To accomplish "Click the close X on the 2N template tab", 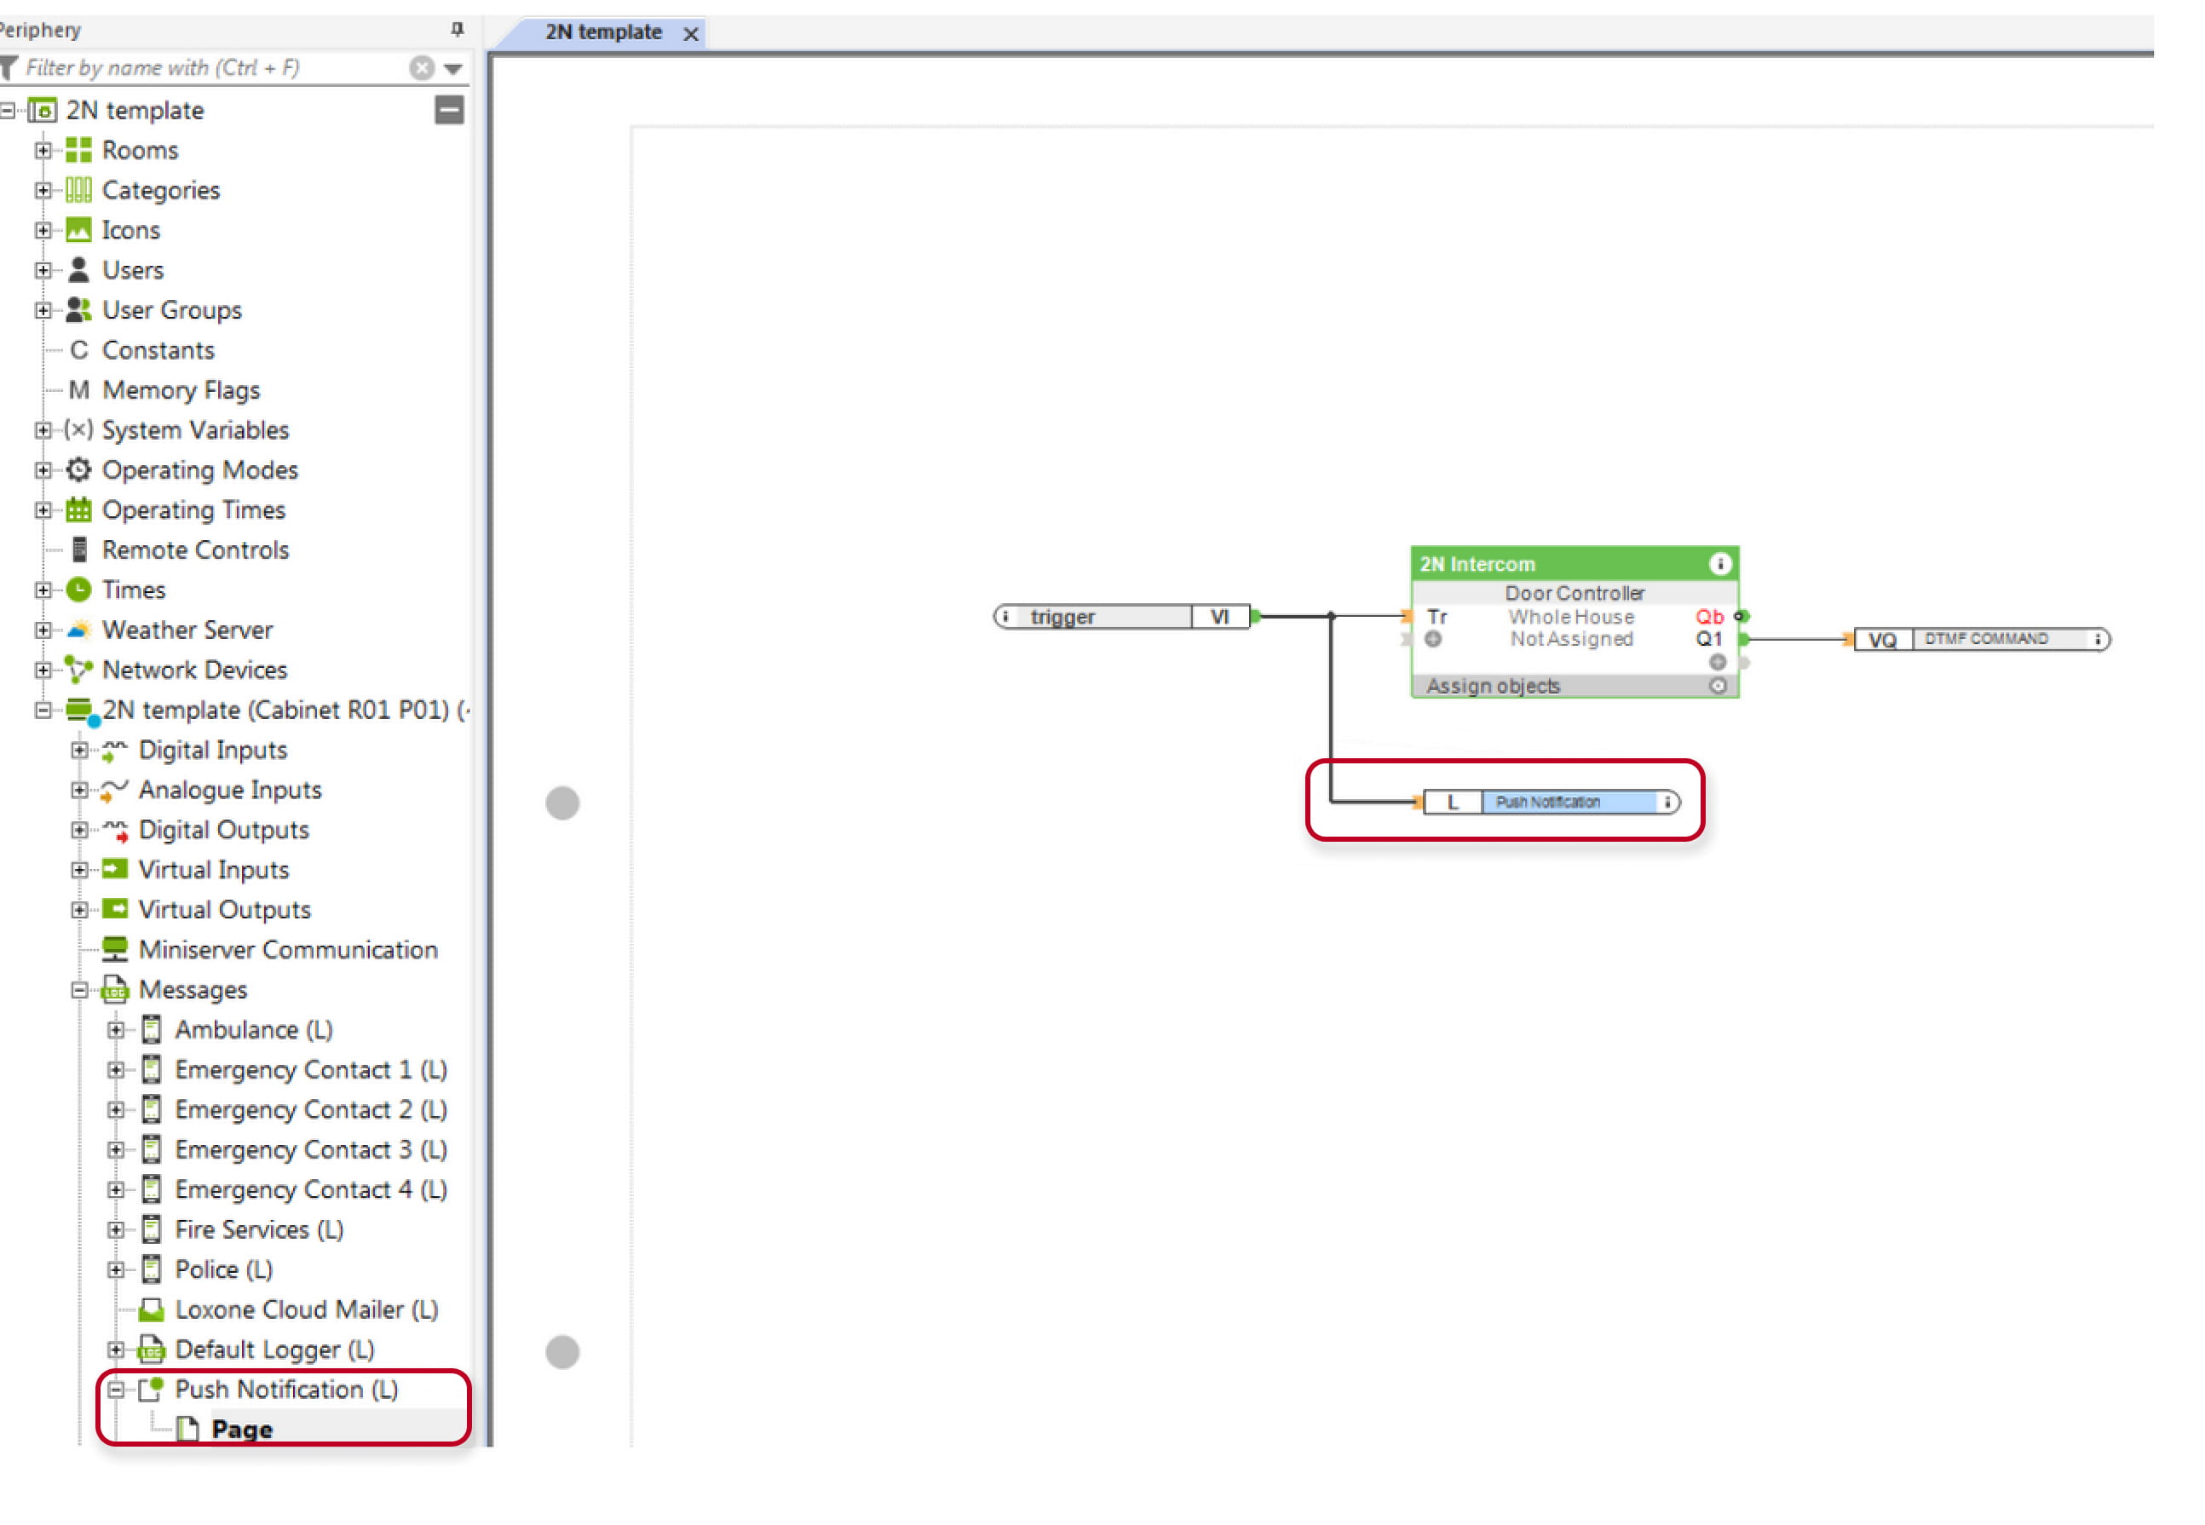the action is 691,34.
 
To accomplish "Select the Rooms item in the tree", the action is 140,151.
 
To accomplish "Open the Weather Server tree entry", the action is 187,630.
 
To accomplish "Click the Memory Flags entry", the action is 181,391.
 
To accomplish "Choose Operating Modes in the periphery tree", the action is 199,471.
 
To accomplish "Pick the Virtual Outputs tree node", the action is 225,911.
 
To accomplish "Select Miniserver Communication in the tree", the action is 288,951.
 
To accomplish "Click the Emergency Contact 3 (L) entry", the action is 310,1150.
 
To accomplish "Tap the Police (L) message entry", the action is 223,1271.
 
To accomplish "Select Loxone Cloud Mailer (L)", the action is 306,1311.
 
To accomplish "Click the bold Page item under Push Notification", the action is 242,1430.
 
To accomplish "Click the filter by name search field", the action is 215,68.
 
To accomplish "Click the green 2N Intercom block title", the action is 1477,565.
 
